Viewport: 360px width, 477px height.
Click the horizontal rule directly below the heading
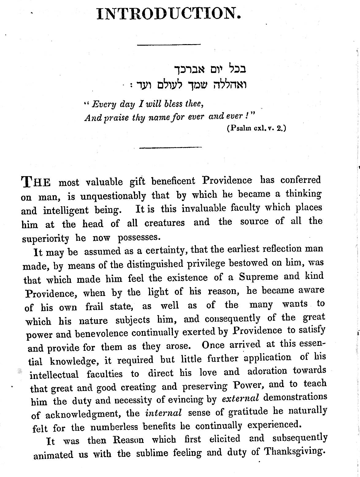click(169, 45)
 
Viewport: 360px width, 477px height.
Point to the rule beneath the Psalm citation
click(170, 148)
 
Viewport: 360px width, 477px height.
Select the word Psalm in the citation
click(238, 129)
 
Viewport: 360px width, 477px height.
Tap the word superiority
click(45, 239)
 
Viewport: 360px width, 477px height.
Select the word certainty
click(167, 251)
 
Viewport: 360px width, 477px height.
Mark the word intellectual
click(54, 374)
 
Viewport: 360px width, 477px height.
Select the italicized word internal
click(163, 413)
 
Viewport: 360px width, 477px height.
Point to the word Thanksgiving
click(294, 451)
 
